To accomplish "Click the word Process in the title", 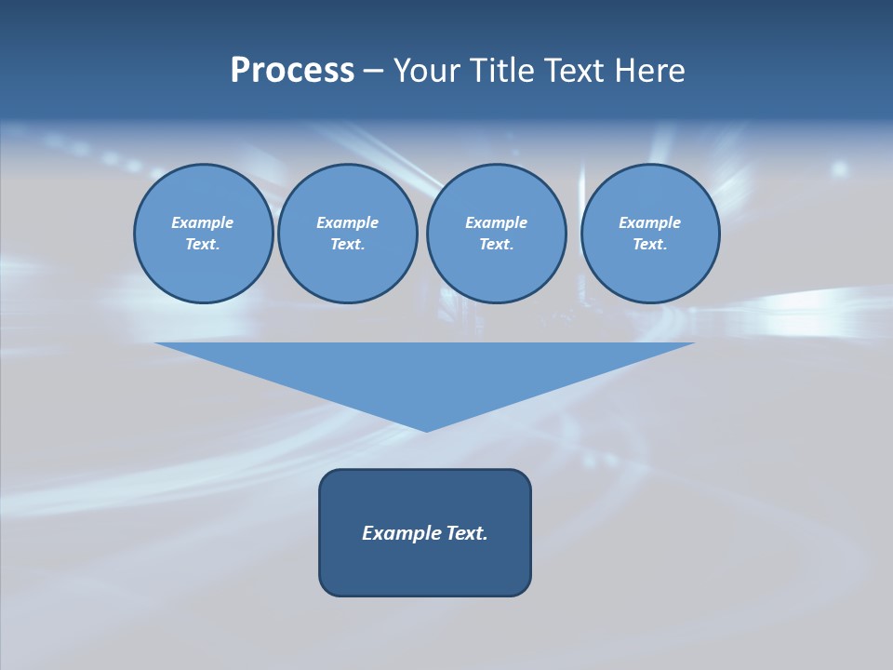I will [x=292, y=71].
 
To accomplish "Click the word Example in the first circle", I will [x=203, y=222].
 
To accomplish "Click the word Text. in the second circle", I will [x=347, y=245].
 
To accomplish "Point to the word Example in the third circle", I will [x=496, y=222].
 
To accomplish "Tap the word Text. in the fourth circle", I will [x=649, y=245].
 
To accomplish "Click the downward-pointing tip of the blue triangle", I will [x=426, y=429].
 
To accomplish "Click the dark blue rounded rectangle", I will [x=425, y=568].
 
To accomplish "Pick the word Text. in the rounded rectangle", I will [x=466, y=533].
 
